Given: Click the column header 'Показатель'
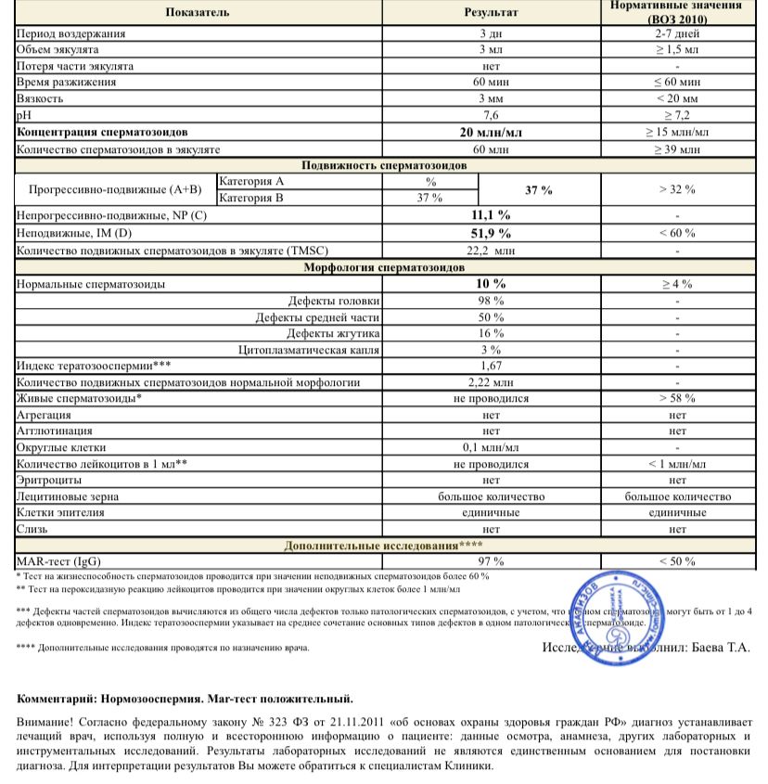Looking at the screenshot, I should tap(198, 13).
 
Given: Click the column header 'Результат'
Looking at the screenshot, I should tap(492, 13).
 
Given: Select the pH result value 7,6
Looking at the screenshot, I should tap(492, 115).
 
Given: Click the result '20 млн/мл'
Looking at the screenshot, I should tap(492, 133).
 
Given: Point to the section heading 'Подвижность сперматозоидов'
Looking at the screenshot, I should tap(386, 165).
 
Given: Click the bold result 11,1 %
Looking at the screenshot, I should tap(492, 215).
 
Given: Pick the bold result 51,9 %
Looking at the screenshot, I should tap(492, 233).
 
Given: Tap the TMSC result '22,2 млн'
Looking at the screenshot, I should tap(492, 251).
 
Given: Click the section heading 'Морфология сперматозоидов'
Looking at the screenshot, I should tap(386, 267).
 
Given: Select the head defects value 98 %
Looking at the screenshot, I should tap(492, 301).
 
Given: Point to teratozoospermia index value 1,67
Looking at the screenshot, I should tap(492, 366).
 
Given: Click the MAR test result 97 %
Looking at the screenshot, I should tap(492, 561).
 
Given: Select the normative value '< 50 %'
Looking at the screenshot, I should tap(677, 561).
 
